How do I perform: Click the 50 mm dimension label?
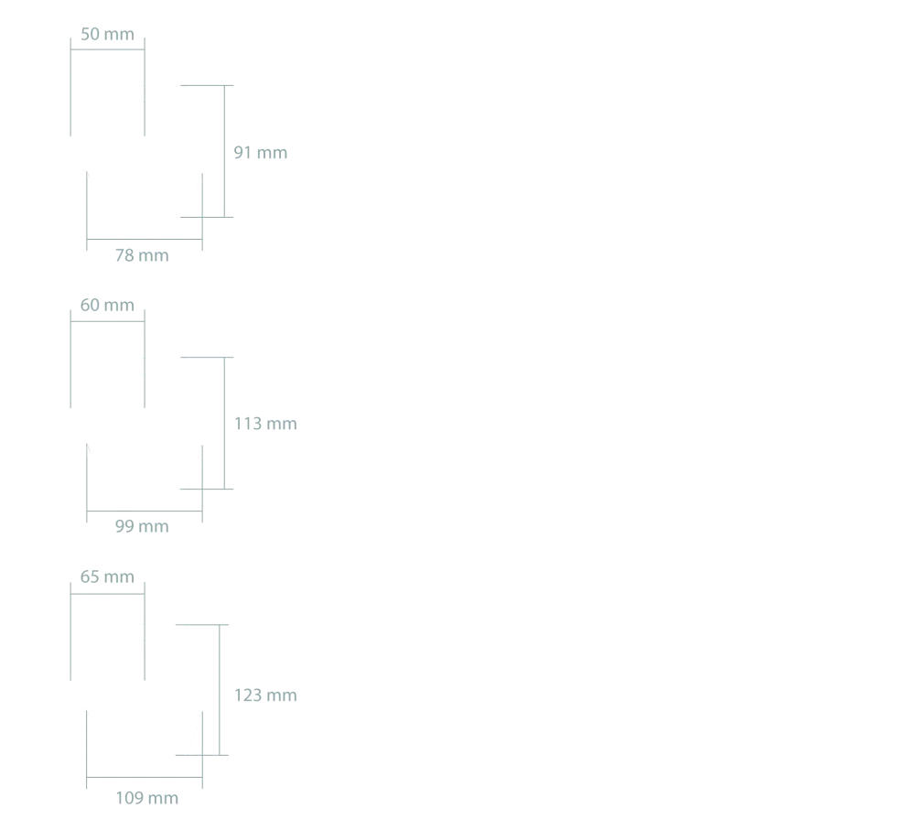pos(107,34)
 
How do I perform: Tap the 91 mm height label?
pos(260,153)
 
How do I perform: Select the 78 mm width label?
pos(142,255)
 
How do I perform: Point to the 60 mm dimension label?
pos(107,305)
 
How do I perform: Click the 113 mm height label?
pos(265,424)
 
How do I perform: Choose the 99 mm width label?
pos(142,526)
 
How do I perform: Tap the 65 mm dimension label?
pos(107,576)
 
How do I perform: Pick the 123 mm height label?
pos(265,695)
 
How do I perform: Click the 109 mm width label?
pos(147,798)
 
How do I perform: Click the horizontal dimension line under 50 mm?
pos(107,49)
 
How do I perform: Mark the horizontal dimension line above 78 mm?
pos(145,240)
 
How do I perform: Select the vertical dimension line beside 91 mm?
pos(225,151)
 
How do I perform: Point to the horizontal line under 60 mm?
pos(107,322)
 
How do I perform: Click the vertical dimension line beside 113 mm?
pos(225,424)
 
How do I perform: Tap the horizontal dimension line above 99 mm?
pos(145,512)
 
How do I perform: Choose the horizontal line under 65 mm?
pos(107,594)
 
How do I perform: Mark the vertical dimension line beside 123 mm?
pos(220,690)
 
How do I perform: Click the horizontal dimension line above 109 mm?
pos(145,778)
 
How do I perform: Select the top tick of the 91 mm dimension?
pos(207,86)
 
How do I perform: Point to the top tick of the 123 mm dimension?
pos(202,625)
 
